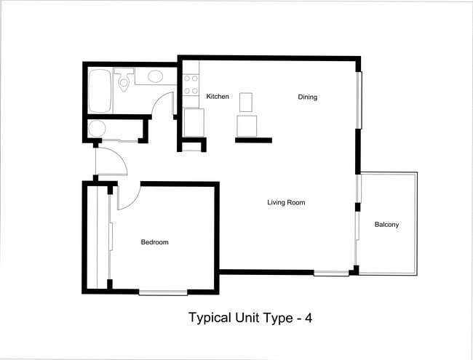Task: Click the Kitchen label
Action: (218, 97)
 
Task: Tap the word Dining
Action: (307, 97)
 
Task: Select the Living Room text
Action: (286, 202)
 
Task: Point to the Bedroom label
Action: (154, 242)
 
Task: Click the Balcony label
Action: (386, 224)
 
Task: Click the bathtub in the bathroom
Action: (100, 91)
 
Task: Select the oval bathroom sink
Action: (155, 76)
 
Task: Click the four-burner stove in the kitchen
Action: (191, 85)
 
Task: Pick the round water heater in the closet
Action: (98, 129)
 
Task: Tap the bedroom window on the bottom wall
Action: (163, 292)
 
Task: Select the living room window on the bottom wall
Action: (331, 273)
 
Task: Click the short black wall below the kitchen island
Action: (253, 140)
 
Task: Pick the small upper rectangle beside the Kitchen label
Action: (245, 100)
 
